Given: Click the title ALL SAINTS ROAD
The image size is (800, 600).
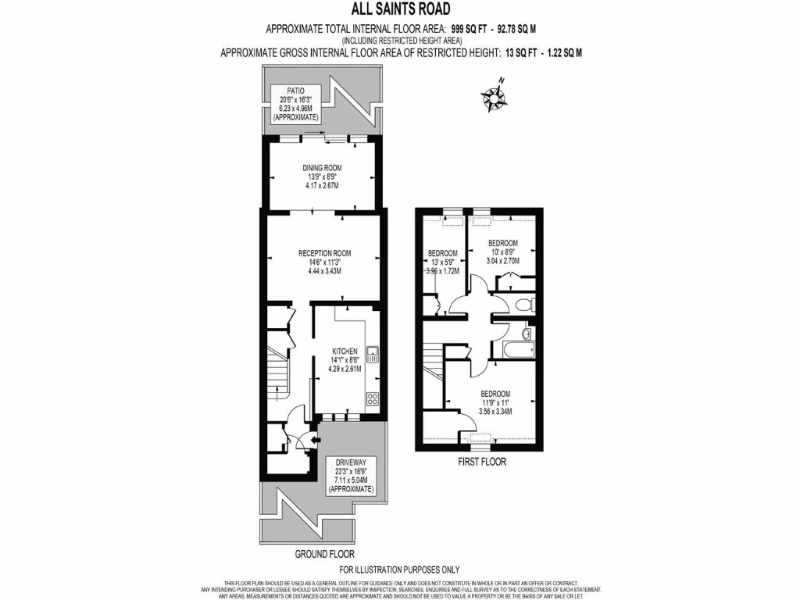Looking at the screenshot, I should tap(400, 10).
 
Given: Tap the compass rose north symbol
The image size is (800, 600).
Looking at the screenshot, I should tap(494, 96).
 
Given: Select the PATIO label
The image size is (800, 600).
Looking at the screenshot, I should tap(295, 91).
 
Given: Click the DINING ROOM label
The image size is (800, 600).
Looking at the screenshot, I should tap(323, 167).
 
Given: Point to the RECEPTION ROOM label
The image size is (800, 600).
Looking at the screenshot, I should tap(324, 253).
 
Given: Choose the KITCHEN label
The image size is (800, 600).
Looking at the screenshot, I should tap(345, 352).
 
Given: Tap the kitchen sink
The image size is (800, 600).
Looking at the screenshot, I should tap(373, 355).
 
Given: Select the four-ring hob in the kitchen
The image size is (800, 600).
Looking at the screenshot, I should tap(373, 398).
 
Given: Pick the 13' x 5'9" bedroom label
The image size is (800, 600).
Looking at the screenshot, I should tap(442, 252).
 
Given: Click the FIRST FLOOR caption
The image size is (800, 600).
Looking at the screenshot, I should tap(481, 462).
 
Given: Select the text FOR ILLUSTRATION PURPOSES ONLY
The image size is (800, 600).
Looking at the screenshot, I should tap(400, 570).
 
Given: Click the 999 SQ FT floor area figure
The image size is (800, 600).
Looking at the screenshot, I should tap(472, 29).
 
